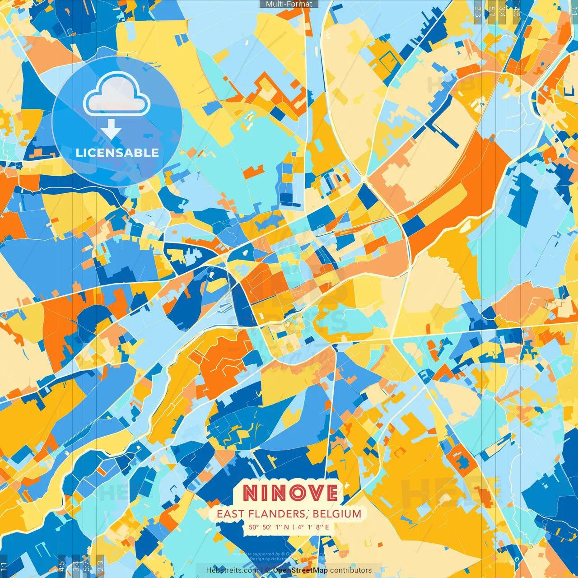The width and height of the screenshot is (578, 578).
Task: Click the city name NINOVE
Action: (x=290, y=493)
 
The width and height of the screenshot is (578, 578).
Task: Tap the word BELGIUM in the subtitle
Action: (x=337, y=514)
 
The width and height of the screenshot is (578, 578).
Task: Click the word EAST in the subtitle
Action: (x=229, y=514)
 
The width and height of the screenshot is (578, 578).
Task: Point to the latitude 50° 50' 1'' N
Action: (x=269, y=527)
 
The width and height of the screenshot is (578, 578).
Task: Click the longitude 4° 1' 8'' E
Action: (x=313, y=527)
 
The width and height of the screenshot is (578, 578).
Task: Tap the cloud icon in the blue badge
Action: (x=117, y=93)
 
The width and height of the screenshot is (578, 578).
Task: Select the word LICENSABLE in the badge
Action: (x=117, y=153)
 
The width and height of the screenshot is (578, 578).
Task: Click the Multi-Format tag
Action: (x=289, y=4)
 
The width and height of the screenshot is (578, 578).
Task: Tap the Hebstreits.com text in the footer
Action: (x=232, y=570)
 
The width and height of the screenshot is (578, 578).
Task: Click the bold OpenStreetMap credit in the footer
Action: (x=300, y=570)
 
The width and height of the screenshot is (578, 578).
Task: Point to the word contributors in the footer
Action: (x=351, y=570)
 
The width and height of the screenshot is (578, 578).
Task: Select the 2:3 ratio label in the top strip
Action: (x=478, y=11)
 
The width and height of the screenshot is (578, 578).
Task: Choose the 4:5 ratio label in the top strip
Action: (x=517, y=11)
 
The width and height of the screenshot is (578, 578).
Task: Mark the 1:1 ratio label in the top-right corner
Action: (x=573, y=11)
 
